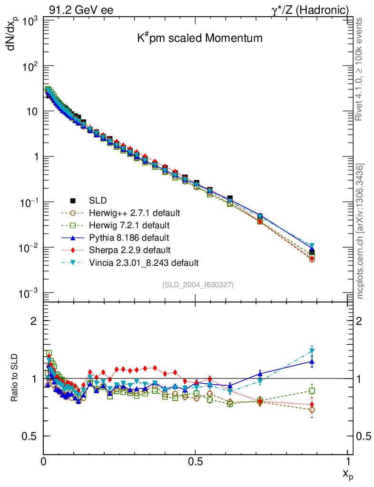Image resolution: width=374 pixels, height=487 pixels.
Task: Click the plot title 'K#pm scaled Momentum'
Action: click(x=197, y=38)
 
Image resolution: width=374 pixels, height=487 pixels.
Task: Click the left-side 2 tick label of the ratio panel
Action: click(x=33, y=321)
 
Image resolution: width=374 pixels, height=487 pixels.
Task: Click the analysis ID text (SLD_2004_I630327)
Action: click(x=198, y=284)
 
